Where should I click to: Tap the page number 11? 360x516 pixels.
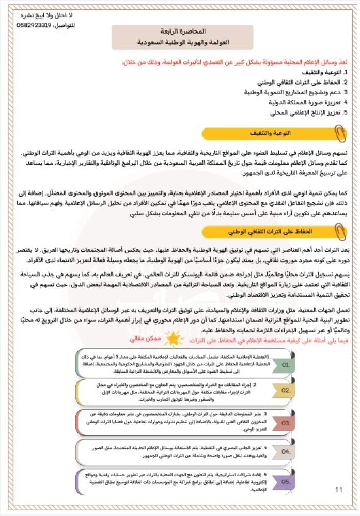pos(339,489)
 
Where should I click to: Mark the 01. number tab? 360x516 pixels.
pos(286,364)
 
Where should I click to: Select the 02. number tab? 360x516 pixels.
pos(286,391)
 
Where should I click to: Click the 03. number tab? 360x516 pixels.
pos(286,422)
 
